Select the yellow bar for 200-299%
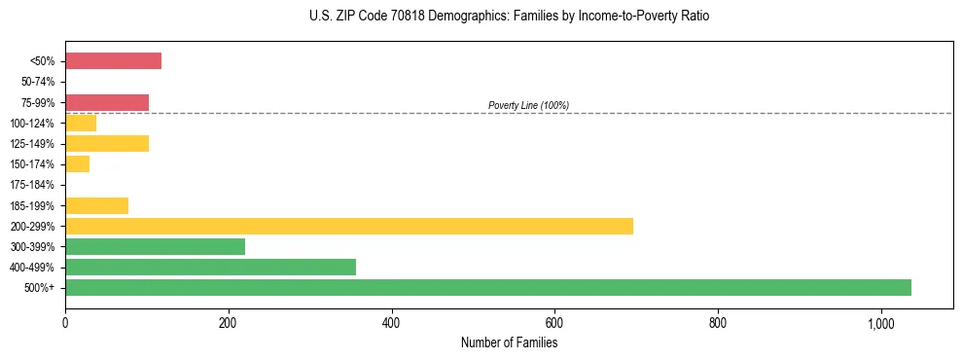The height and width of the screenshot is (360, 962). pos(349,226)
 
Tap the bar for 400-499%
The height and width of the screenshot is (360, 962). pos(210,267)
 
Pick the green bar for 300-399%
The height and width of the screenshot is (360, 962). pos(155,246)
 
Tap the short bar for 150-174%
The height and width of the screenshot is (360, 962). pos(78,163)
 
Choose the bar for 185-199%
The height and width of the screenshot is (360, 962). pos(96,205)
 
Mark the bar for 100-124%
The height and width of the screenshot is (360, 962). pos(81,123)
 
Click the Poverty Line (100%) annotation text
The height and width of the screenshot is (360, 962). pos(528,105)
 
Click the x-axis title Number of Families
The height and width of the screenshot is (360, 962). pos(509,342)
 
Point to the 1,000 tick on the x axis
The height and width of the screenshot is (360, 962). pos(880,323)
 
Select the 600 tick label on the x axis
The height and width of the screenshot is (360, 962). pos(554,323)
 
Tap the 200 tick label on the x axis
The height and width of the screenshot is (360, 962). pos(229,323)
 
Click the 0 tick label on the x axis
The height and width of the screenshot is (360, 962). pos(65,323)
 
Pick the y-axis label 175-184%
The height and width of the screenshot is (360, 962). pos(33,185)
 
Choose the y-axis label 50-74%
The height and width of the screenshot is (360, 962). pos(36,82)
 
